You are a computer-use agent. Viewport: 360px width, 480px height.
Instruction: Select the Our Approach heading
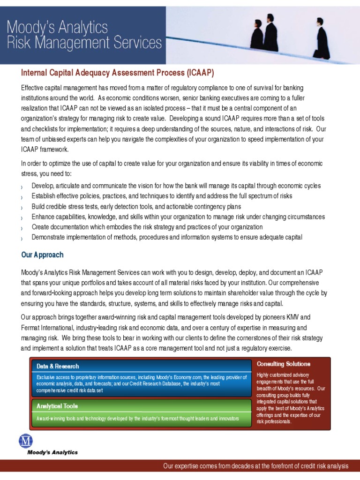(42, 255)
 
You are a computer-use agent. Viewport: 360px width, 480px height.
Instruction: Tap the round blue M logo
(26, 441)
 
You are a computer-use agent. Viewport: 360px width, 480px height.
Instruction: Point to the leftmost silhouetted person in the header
(258, 36)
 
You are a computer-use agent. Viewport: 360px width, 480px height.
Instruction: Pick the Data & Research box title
(58, 366)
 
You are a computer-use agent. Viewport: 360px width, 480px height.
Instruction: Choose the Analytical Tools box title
(57, 406)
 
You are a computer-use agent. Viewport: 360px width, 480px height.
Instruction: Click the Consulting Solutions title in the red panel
(283, 364)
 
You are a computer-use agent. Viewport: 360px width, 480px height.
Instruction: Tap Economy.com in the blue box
(187, 377)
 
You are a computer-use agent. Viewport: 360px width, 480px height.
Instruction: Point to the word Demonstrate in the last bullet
(50, 237)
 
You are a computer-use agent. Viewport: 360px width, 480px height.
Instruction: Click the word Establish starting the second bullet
(45, 196)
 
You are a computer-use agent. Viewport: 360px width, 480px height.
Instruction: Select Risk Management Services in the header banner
(84, 44)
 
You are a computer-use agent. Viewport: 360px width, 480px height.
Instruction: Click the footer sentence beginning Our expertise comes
(255, 466)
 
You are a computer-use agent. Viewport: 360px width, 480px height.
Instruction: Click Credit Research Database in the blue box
(145, 384)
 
